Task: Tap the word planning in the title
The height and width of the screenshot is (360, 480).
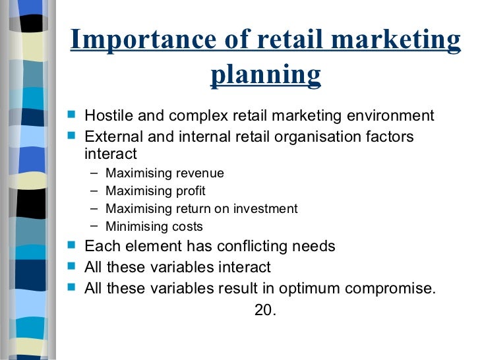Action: click(266, 75)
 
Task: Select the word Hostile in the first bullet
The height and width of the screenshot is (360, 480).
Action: click(107, 117)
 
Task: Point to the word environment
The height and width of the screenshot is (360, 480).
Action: click(392, 117)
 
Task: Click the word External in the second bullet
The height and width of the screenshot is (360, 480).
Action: click(110, 136)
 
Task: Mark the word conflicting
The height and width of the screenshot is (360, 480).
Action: click(240, 247)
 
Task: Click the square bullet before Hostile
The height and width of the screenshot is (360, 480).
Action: click(73, 117)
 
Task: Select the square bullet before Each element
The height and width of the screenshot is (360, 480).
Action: click(73, 247)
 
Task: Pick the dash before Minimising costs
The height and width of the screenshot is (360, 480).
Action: click(94, 226)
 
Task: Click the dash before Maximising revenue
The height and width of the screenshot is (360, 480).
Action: click(94, 173)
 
